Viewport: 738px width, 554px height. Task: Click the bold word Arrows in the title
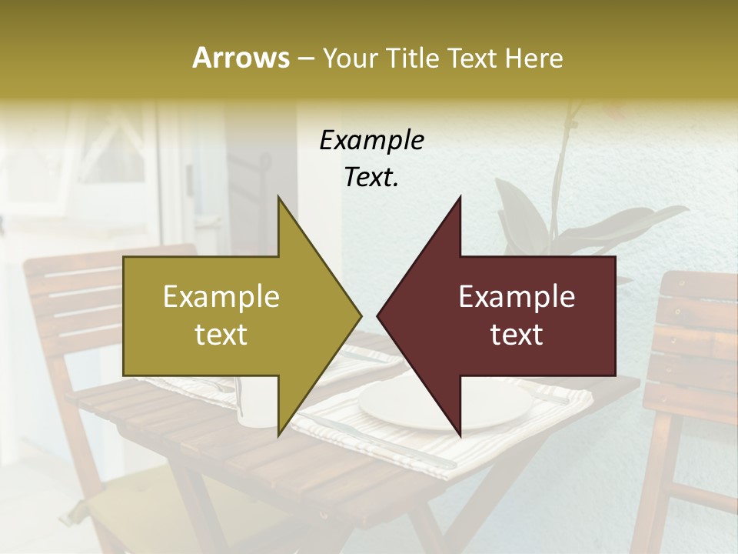tap(241, 58)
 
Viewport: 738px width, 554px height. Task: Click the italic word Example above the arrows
tap(371, 140)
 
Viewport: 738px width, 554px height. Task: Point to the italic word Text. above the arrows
tap(371, 177)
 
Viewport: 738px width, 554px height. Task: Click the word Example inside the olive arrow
tap(221, 297)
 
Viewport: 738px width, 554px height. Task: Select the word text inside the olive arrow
tap(221, 335)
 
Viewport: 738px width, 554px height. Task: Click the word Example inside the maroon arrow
tap(517, 297)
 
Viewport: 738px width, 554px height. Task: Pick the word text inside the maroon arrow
tap(517, 335)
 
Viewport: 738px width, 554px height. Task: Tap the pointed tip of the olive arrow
tap(360, 315)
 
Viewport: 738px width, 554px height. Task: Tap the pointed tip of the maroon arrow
tap(379, 315)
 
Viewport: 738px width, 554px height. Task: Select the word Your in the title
tap(349, 58)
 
